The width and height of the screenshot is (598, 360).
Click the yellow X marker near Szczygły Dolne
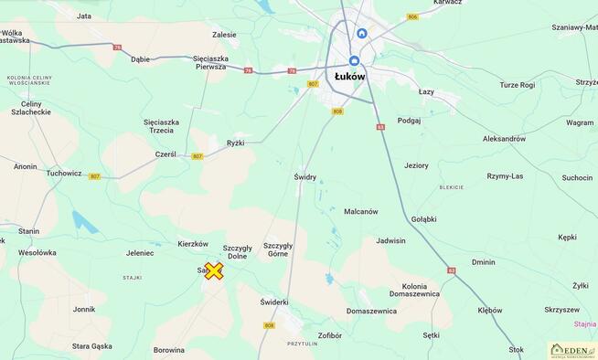(213, 270)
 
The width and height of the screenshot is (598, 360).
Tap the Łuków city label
(349, 77)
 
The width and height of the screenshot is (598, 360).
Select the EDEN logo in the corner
(572, 350)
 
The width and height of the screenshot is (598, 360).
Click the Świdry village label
(304, 177)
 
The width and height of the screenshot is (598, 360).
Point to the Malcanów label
(360, 211)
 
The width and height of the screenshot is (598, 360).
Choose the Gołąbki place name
(424, 219)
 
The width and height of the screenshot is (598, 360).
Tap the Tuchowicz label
(64, 173)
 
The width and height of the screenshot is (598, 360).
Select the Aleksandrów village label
(505, 139)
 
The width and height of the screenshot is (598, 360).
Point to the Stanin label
(29, 231)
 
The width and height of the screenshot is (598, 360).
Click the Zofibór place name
(330, 335)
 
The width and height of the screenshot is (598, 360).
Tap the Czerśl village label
(166, 154)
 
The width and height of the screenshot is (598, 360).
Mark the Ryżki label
(235, 143)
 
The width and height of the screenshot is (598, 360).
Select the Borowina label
(168, 350)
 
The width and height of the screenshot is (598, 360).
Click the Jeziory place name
(416, 165)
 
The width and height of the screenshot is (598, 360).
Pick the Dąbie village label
(140, 58)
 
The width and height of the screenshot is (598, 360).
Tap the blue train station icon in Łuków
(362, 34)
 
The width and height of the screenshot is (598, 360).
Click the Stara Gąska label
(92, 346)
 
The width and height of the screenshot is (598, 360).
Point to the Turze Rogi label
(517, 84)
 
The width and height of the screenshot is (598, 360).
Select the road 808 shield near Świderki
(269, 325)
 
